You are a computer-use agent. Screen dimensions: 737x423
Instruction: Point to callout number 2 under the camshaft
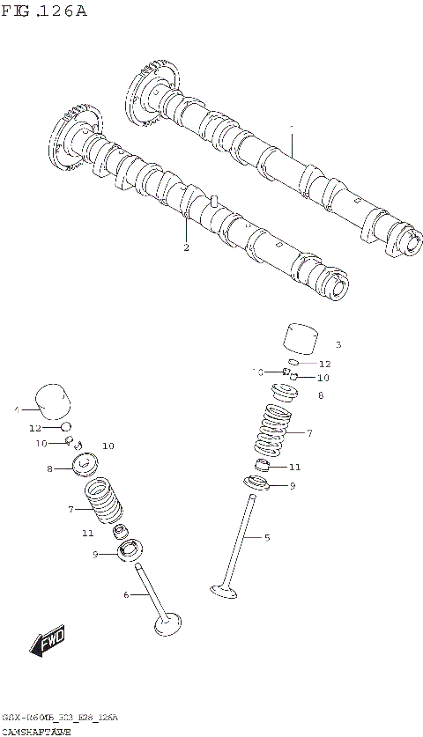click(186, 247)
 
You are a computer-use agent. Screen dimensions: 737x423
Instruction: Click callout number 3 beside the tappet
click(338, 344)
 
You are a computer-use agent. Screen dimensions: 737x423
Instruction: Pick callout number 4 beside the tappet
click(16, 409)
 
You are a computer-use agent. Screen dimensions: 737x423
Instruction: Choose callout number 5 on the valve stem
click(267, 536)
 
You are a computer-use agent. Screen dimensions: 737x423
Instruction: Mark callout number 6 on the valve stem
click(126, 595)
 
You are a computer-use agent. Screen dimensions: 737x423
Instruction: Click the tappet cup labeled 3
click(300, 339)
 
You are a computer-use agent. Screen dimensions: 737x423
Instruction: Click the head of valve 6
click(167, 625)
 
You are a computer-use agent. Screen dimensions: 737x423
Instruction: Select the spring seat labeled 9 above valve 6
click(129, 552)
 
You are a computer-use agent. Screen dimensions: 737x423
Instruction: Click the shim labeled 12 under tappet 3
click(297, 362)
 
